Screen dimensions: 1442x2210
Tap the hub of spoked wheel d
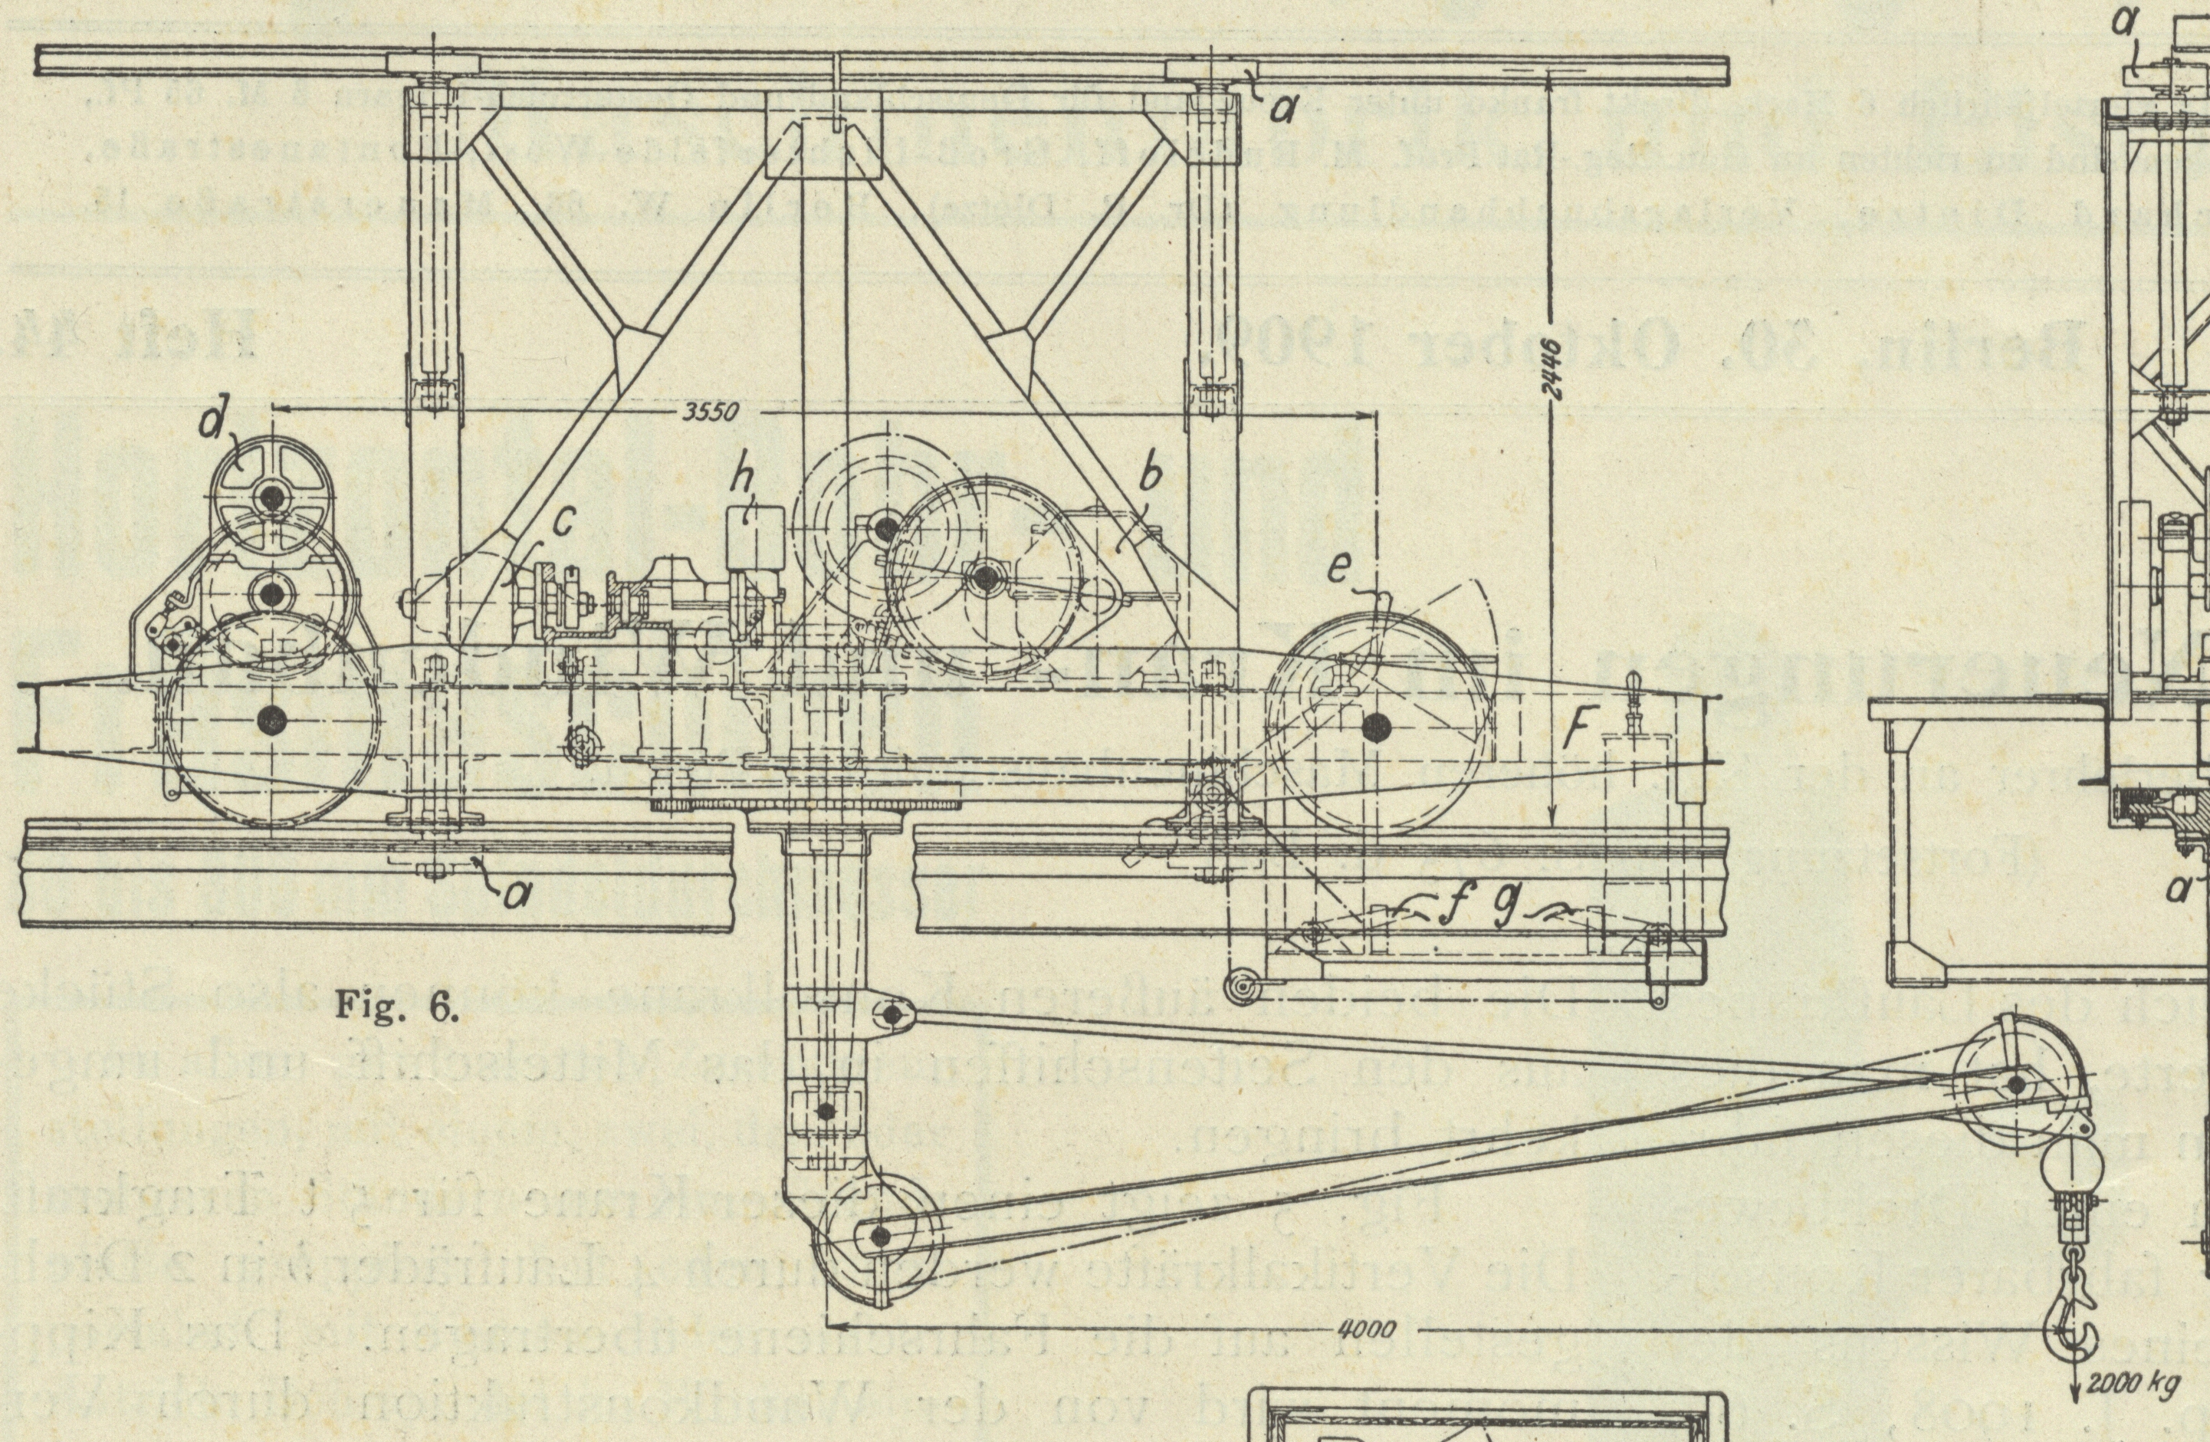271,498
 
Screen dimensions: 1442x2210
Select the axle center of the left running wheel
271,718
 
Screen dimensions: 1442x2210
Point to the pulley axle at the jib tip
2017,1085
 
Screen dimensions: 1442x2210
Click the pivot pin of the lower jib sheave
879,1235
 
